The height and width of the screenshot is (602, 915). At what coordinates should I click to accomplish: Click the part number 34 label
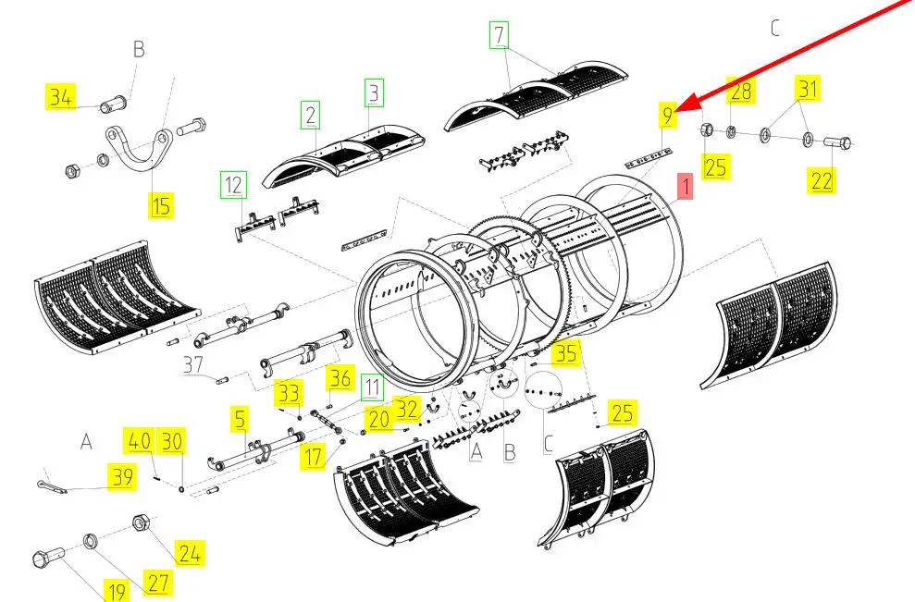coord(61,97)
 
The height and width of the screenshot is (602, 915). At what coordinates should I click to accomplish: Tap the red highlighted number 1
coord(685,186)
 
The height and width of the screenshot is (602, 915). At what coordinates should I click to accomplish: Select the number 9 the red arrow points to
coord(668,115)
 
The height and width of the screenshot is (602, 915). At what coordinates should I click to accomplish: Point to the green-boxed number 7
coord(499,35)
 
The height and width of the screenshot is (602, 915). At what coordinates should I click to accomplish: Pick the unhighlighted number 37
coord(193,365)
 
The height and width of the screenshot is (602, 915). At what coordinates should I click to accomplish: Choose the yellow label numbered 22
coord(822,180)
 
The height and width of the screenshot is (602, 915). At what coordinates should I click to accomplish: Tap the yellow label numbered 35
coord(565,353)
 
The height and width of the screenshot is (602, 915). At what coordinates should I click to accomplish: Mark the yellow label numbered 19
coord(117,590)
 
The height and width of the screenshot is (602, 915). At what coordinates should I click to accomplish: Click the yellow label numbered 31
coord(808,89)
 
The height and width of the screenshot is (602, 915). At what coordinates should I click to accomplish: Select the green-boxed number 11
coord(372,387)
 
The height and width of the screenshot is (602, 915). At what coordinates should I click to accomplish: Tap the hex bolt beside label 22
coord(837,141)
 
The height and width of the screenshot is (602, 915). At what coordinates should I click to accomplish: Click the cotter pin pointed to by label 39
coord(52,485)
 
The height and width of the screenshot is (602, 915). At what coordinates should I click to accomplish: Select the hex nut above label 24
coord(140,522)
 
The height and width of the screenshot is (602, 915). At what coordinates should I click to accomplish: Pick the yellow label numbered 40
coord(139,441)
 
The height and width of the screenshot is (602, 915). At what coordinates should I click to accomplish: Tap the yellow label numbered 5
coord(240,419)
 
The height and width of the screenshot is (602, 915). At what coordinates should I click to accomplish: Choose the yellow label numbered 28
coord(740,91)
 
